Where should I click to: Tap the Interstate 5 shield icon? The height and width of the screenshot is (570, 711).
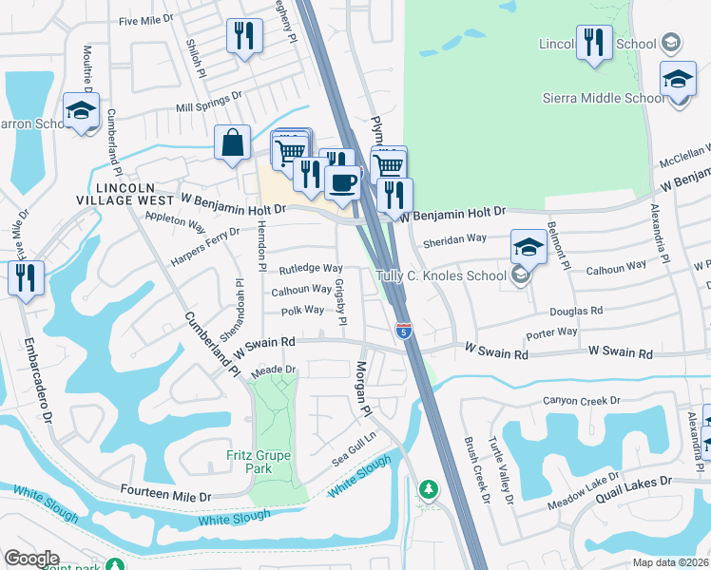404,331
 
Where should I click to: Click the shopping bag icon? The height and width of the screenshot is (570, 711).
232,143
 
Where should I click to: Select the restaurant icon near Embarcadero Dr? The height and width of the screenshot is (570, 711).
25,277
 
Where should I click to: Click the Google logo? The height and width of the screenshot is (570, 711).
31,558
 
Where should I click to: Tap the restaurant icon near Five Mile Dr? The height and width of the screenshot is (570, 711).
244,37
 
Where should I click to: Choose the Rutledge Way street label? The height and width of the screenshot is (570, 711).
310,269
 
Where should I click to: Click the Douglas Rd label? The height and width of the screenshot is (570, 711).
577,311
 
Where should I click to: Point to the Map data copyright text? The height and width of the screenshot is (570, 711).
671,561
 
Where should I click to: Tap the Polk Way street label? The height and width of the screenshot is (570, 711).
303,311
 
